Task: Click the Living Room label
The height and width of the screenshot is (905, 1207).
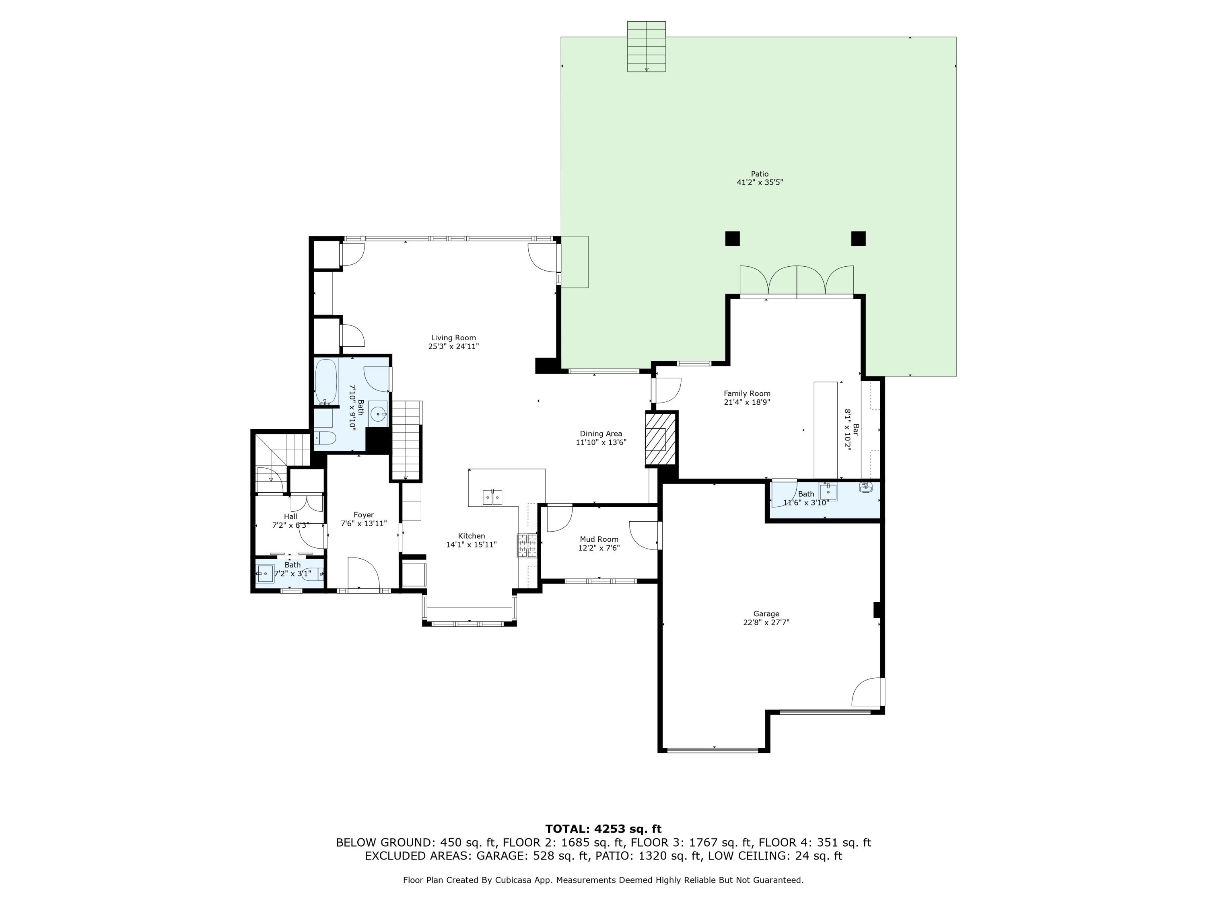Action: point(453,338)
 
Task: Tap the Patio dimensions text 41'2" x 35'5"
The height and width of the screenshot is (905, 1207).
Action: point(760,183)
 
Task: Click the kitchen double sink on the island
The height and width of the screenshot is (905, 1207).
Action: point(493,498)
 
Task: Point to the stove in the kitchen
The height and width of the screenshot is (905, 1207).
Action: point(527,545)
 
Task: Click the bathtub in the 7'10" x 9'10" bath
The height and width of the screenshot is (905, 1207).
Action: point(326,381)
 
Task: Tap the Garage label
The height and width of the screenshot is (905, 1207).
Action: point(766,614)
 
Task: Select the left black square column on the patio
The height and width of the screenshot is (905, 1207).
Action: point(732,239)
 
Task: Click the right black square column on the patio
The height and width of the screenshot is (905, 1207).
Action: point(858,239)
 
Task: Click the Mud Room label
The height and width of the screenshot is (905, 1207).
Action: point(599,539)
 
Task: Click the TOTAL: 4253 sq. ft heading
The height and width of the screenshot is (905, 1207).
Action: point(603,829)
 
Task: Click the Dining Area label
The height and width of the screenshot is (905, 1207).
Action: point(600,434)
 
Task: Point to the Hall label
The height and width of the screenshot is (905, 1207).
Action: point(290,516)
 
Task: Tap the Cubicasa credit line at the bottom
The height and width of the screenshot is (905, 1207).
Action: point(603,880)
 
